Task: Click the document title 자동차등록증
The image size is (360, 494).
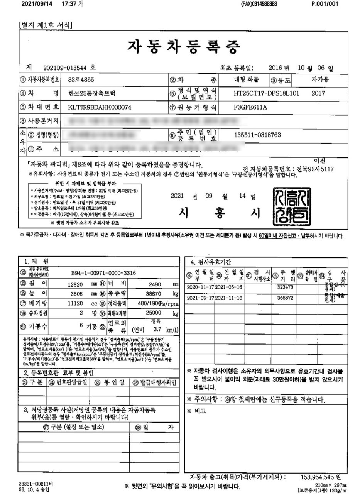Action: [184, 47]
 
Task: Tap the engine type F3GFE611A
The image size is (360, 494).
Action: [250, 107]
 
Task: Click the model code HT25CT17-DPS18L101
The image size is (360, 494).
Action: [266, 93]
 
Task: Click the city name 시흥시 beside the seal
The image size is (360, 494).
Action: [218, 212]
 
